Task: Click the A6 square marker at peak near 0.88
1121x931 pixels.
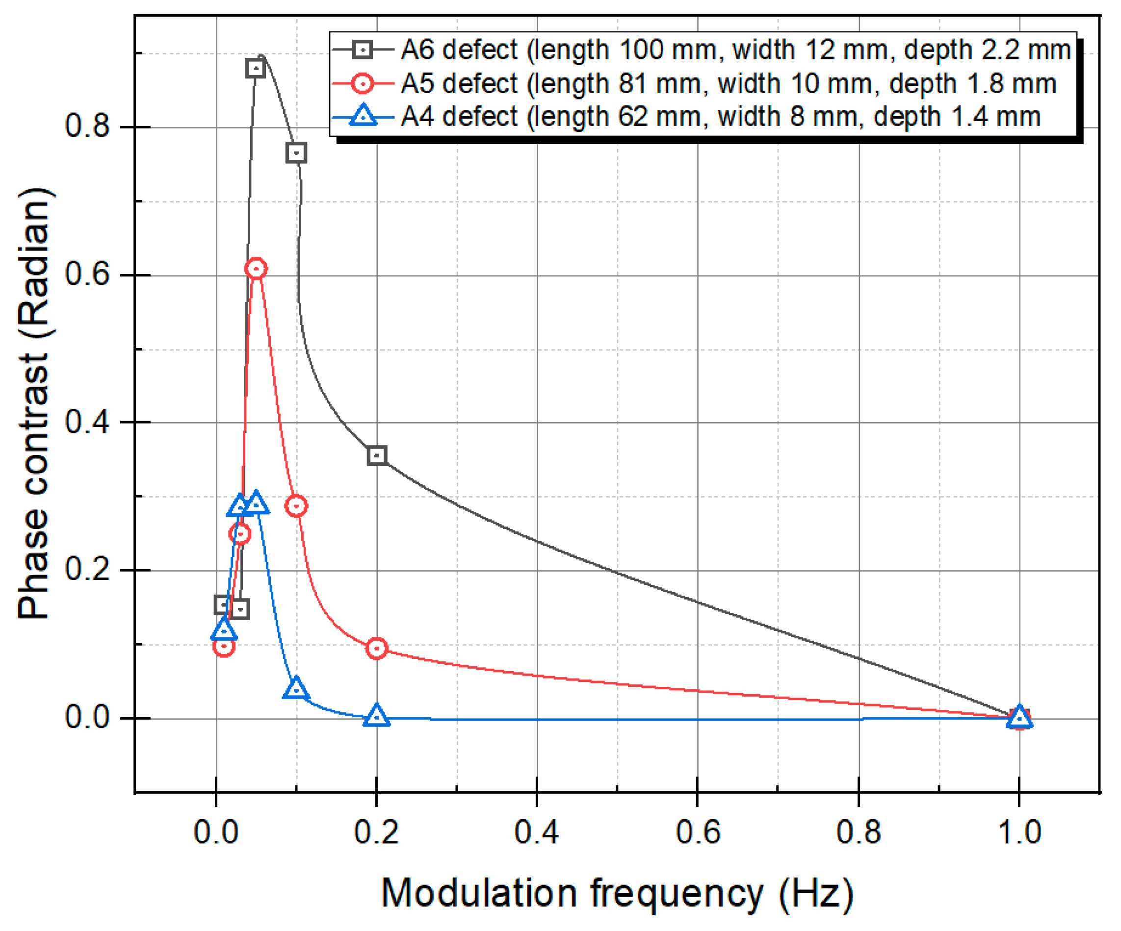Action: pos(256,68)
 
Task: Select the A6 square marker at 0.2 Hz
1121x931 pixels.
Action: pos(377,455)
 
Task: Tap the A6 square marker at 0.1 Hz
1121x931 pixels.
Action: pos(296,153)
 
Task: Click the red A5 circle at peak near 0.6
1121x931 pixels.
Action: pos(256,268)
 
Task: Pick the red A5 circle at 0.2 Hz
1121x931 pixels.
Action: pos(377,648)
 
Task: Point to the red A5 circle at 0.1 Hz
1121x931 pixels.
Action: pos(296,505)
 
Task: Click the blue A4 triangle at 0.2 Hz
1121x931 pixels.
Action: pos(377,716)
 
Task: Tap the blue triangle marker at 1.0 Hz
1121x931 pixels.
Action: pos(1019,718)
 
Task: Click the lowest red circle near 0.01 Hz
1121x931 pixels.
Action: pos(224,647)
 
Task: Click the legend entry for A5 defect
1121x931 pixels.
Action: pos(728,84)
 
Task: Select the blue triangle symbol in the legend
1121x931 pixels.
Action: pos(364,116)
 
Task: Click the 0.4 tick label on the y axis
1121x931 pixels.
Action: pos(87,422)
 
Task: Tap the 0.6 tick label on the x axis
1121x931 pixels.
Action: pos(698,832)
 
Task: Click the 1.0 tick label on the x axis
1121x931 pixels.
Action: pos(1019,832)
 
